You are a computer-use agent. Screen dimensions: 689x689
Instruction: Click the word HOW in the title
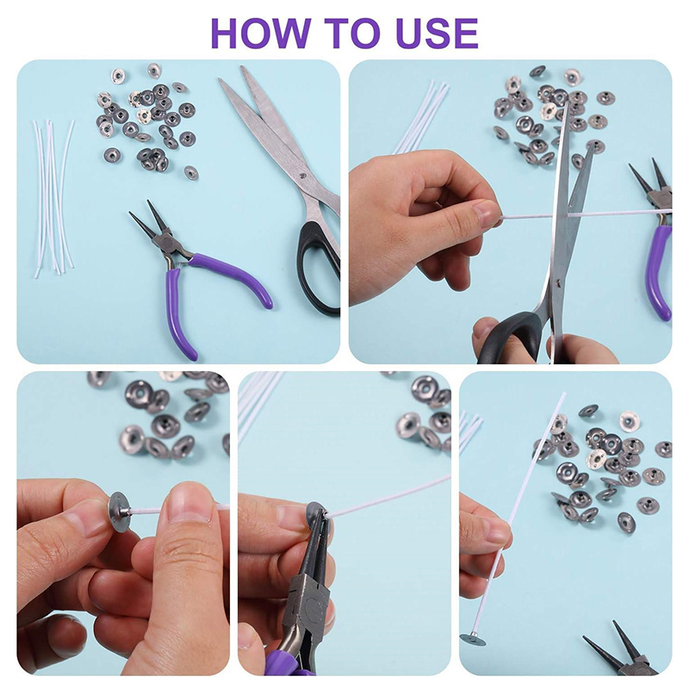coord(259,34)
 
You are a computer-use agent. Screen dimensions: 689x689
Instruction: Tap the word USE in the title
coord(434,34)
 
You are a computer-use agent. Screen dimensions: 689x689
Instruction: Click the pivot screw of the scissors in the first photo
coord(301,177)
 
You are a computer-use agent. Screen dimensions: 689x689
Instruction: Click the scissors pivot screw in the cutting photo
coord(558,283)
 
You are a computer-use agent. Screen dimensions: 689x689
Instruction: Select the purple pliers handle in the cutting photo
coord(661,272)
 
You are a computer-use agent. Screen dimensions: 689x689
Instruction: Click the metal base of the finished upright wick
coord(473,636)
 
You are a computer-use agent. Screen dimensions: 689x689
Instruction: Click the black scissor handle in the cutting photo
coord(512,336)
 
